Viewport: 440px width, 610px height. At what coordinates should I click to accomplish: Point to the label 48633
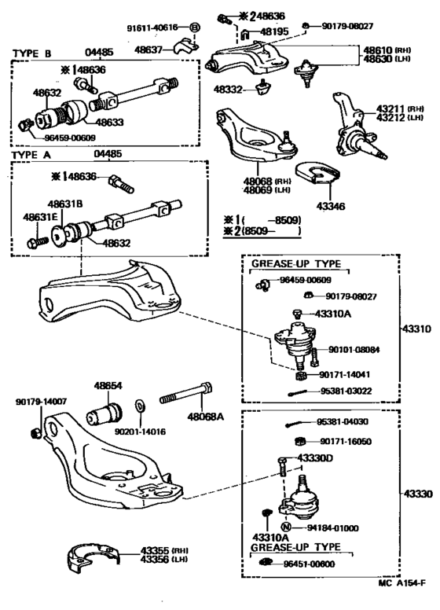tap(110, 123)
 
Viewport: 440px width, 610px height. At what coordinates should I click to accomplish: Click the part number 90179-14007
tap(42, 402)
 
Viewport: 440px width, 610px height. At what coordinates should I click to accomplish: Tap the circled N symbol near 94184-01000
tap(287, 526)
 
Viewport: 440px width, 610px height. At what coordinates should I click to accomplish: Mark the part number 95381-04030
tap(346, 421)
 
